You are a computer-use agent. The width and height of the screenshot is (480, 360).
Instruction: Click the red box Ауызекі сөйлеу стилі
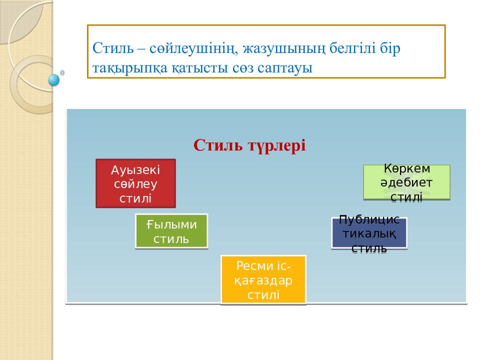135,183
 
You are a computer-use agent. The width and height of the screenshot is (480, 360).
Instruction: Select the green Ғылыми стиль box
171,231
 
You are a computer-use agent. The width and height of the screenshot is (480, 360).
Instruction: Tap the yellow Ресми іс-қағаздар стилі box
263,279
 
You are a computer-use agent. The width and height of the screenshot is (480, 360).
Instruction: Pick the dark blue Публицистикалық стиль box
369,233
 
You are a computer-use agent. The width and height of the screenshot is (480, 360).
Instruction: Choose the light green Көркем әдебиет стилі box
406,182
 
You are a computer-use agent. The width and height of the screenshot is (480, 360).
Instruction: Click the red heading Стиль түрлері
249,145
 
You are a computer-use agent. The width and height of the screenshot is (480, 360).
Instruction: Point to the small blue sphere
54,80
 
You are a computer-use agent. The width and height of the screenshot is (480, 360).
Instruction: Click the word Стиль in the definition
113,48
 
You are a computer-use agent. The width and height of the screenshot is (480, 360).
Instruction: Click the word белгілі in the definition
352,48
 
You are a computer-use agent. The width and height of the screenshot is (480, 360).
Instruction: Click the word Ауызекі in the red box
135,170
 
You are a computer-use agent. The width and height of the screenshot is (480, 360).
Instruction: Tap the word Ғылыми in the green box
171,224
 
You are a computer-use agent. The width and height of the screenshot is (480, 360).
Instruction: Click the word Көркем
407,168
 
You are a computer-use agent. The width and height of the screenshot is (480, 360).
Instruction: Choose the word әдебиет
406,183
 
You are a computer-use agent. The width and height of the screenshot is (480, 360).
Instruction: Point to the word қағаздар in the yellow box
263,280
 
